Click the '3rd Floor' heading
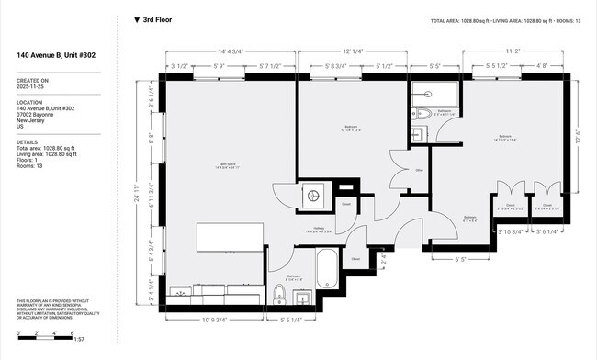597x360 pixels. tap(157, 19)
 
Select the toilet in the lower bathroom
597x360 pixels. tap(279, 294)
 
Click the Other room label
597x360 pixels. tap(418, 170)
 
